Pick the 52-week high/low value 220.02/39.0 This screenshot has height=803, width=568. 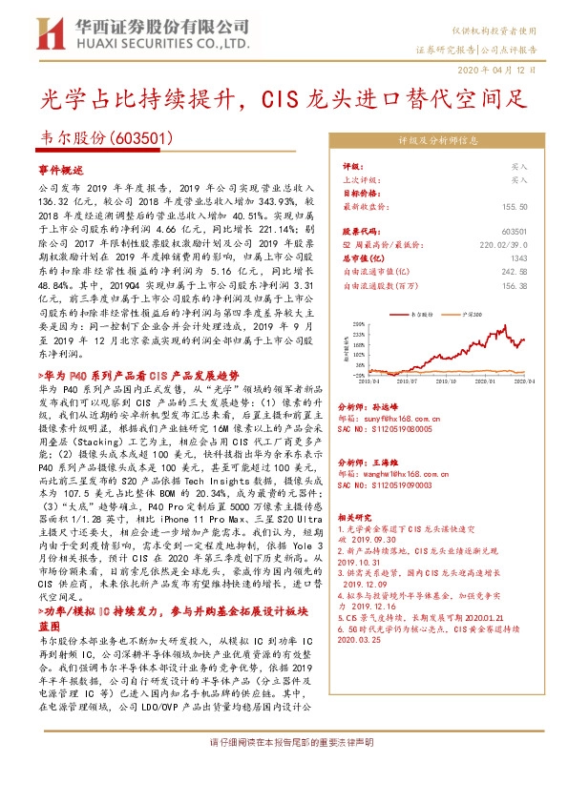pos(503,244)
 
